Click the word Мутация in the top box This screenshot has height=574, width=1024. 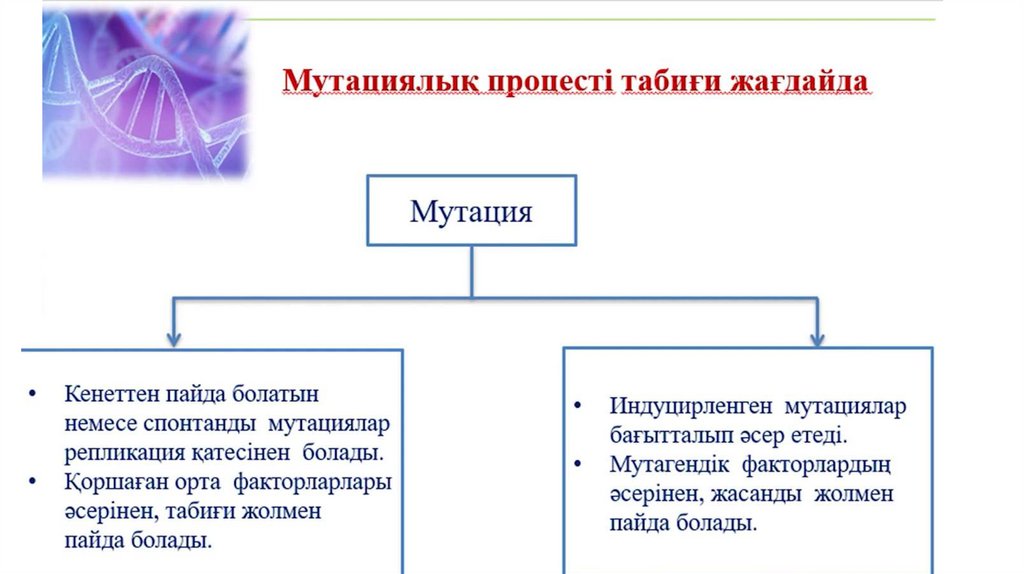(x=472, y=212)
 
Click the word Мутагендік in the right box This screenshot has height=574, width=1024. (x=666, y=465)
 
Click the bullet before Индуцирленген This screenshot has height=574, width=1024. (x=577, y=407)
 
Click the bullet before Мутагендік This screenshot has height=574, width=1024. (x=577, y=465)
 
